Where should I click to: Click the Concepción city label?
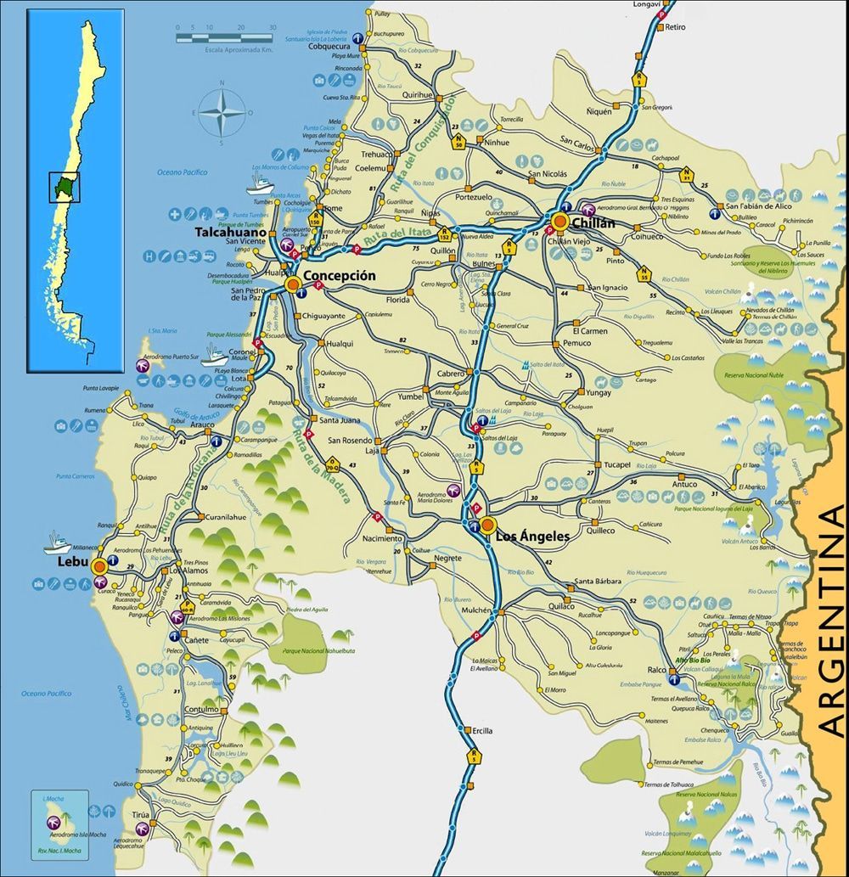coord(338,276)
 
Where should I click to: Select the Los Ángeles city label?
coord(531,537)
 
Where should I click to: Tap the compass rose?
coord(222,112)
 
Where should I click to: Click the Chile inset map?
coord(76,188)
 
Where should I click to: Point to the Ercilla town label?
coord(482,730)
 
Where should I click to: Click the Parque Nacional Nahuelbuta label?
coord(311,652)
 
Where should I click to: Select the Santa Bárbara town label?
coord(598,582)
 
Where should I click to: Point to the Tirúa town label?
coord(141,814)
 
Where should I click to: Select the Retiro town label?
coord(676,27)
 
